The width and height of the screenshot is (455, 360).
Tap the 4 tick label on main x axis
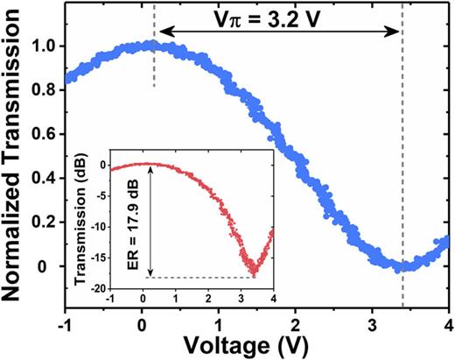coord(449,325)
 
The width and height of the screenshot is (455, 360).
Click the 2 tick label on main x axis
coord(295,325)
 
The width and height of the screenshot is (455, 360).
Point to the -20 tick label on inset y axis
coord(100,287)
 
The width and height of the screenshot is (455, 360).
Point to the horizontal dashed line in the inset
coord(201,279)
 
